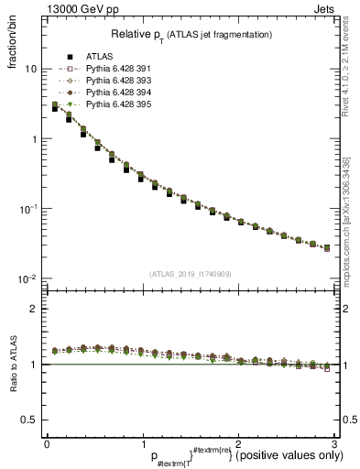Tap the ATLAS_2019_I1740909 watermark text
click(x=190, y=274)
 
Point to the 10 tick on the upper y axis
click(x=30, y=70)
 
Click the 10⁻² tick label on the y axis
click(x=27, y=278)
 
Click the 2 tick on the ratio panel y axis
click(x=33, y=309)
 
